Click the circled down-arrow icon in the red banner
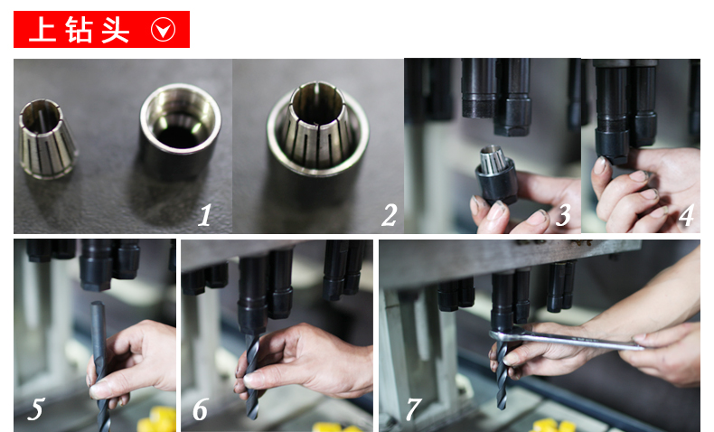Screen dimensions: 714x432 (x=163, y=30)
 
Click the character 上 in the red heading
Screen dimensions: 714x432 (x=42, y=30)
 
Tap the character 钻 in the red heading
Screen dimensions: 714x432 (x=79, y=30)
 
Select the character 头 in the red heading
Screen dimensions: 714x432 (x=115, y=30)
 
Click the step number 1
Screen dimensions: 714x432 (x=205, y=215)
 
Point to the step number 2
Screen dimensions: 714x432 (x=390, y=215)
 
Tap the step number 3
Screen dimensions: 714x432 (x=563, y=215)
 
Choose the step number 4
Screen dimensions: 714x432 (x=687, y=215)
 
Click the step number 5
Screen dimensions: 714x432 (x=35, y=409)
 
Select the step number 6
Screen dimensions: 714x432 (x=201, y=409)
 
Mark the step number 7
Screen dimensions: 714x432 (x=413, y=409)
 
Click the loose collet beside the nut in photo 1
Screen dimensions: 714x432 (x=46, y=139)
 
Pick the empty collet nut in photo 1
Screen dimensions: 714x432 (x=181, y=130)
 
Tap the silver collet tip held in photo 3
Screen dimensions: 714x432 (x=493, y=160)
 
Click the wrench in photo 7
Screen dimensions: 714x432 (x=567, y=340)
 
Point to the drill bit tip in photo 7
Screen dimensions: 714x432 (x=502, y=407)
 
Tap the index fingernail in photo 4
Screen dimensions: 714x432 (x=600, y=164)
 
